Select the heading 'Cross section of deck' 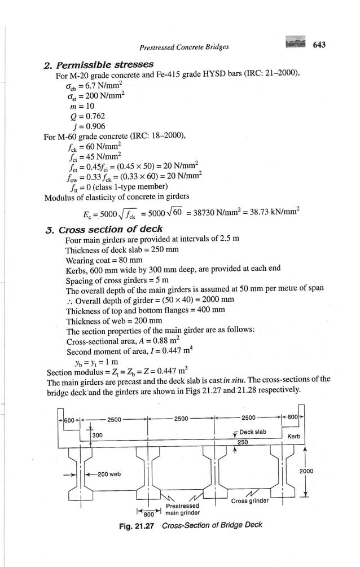[x=111, y=229]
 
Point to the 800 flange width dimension [x=149, y=514]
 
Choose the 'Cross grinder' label [x=250, y=500]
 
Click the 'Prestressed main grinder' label [x=182, y=509]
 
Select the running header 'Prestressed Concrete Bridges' [x=185, y=47]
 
